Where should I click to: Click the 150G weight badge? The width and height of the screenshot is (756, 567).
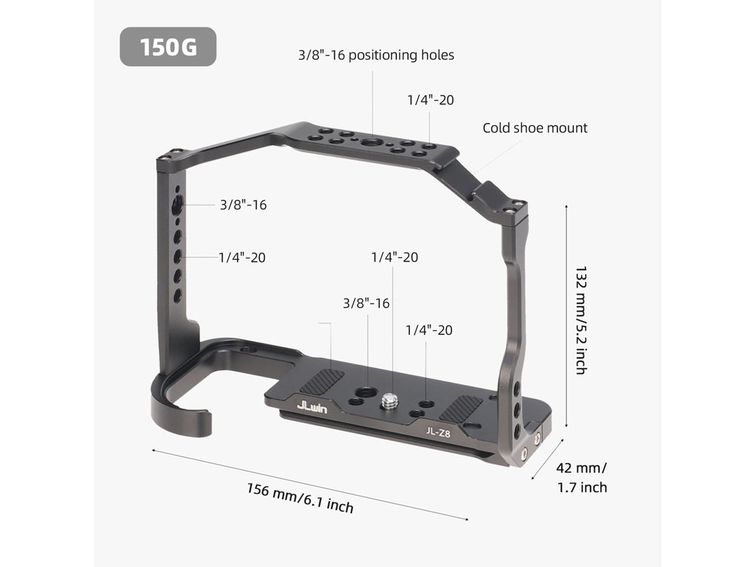click(x=168, y=47)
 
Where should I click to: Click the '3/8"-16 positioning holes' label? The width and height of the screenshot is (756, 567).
click(x=376, y=55)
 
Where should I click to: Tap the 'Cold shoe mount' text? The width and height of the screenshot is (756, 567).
click(x=535, y=128)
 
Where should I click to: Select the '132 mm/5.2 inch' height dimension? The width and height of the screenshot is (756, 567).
click(x=581, y=320)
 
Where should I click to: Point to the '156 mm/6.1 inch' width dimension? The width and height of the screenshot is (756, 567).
click(x=300, y=498)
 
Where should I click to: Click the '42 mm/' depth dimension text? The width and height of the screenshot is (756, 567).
click(x=582, y=468)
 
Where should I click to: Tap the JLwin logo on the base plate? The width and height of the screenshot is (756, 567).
click(x=312, y=407)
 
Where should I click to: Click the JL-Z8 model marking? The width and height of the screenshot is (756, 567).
click(x=438, y=432)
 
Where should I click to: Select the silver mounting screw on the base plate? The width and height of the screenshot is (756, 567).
click(x=389, y=401)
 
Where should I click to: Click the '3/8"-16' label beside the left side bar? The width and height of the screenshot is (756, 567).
click(x=243, y=205)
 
